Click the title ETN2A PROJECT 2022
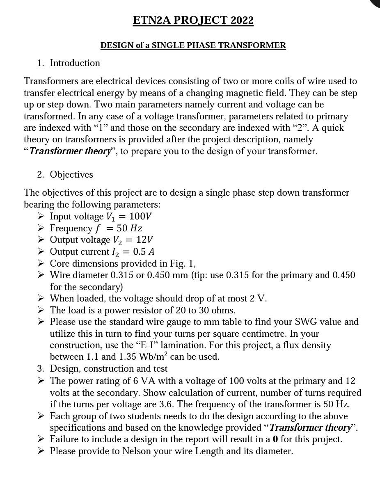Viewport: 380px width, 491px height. click(193, 20)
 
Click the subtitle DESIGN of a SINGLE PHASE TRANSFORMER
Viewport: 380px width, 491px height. click(193, 45)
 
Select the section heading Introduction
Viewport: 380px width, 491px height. click(75, 63)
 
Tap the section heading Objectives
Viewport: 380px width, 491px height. click(71, 174)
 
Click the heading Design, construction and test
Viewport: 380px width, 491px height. click(109, 368)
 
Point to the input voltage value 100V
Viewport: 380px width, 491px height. click(140, 216)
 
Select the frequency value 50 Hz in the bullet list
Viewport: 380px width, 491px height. click(129, 228)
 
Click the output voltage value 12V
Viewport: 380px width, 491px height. click(144, 240)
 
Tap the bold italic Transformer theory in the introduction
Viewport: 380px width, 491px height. click(70, 151)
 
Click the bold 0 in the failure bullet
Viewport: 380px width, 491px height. click(275, 439)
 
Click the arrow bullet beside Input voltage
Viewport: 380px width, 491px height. click(41, 216)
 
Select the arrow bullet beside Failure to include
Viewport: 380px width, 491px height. click(41, 439)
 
